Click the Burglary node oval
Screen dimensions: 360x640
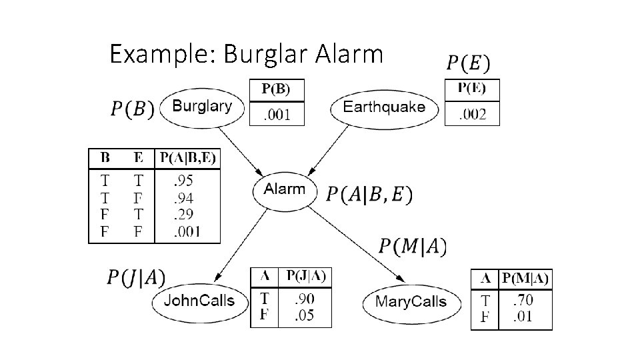tap(202, 106)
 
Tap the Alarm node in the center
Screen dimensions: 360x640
tap(284, 189)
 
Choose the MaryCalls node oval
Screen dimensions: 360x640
tap(410, 302)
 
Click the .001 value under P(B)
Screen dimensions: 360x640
tap(276, 115)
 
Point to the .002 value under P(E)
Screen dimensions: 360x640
tap(471, 115)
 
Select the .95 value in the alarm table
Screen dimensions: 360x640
tap(184, 180)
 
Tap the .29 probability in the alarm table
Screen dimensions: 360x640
tap(184, 215)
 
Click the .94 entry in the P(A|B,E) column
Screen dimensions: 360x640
tap(184, 197)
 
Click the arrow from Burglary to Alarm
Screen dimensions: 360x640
tap(243, 150)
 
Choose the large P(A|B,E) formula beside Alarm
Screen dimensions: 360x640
tap(369, 194)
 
